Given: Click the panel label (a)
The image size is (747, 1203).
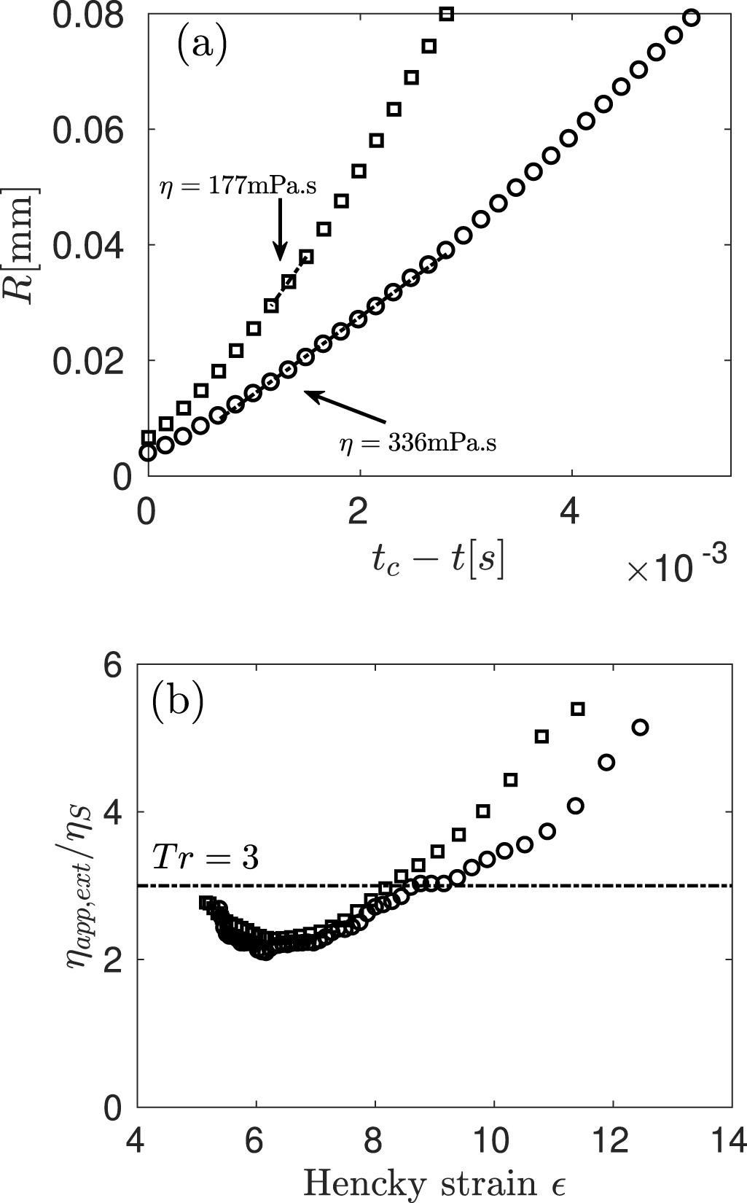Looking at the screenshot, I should coord(202,45).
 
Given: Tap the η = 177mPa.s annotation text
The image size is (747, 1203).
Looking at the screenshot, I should coord(238,187).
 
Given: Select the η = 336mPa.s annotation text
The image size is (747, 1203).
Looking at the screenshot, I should coord(418,443).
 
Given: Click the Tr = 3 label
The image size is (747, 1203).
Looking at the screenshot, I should coord(205,857).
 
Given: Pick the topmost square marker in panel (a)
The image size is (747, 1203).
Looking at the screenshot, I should coord(447,14).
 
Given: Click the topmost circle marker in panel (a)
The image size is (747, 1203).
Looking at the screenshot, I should coord(692,17).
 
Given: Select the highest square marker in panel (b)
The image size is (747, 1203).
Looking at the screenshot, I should coord(577,709).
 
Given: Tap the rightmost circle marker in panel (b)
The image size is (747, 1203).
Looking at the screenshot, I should coord(640,727).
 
